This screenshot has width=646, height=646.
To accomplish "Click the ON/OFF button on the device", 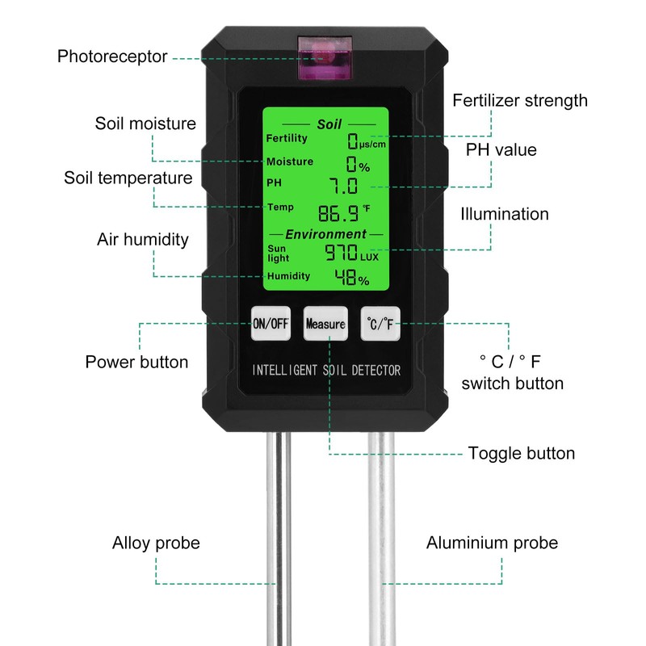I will pyautogui.click(x=271, y=325).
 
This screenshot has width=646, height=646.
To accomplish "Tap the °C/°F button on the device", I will pyautogui.click(x=380, y=325).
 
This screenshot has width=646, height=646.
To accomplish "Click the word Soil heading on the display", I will pyautogui.click(x=329, y=124).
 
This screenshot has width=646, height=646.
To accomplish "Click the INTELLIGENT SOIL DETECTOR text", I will pyautogui.click(x=326, y=371).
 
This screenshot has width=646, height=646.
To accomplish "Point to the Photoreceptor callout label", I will pyautogui.click(x=112, y=57).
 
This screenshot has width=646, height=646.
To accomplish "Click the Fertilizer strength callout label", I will pyautogui.click(x=520, y=101).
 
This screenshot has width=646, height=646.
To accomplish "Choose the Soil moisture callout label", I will pyautogui.click(x=145, y=124).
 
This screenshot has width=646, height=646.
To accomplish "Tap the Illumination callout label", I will pyautogui.click(x=505, y=214).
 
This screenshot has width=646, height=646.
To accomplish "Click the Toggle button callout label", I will pyautogui.click(x=522, y=453).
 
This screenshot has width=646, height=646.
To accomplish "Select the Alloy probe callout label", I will pyautogui.click(x=156, y=543).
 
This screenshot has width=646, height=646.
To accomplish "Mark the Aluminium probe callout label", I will pyautogui.click(x=492, y=543).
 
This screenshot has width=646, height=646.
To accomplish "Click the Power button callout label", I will pyautogui.click(x=136, y=361).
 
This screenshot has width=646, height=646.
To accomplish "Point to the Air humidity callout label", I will pyautogui.click(x=143, y=239).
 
